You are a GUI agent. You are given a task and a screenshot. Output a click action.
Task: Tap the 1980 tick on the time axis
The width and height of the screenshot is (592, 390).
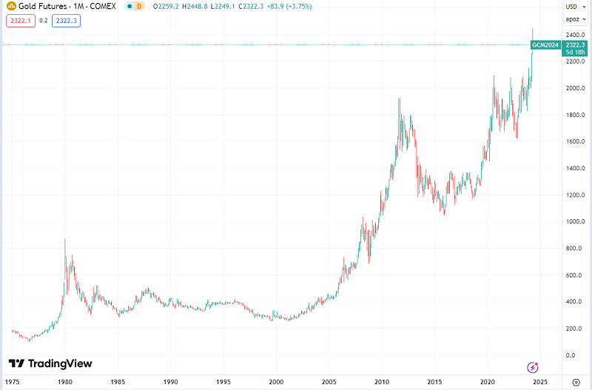point(64,382)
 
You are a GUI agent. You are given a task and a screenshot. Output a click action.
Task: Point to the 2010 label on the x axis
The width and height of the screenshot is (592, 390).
point(382,382)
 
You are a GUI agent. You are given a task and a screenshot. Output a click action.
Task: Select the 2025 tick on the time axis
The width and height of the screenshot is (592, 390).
point(540,382)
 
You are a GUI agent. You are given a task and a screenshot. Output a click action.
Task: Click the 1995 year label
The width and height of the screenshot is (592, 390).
point(223,382)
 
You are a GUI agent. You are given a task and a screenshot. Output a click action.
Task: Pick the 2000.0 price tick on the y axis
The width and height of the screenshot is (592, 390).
point(576,88)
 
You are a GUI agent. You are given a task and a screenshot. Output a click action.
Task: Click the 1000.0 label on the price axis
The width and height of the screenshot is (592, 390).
point(576,221)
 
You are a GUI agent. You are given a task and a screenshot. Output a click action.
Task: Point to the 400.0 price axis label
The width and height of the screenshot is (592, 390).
point(576,302)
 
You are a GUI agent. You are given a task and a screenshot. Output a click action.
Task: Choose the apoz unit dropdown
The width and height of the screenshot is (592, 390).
point(574,20)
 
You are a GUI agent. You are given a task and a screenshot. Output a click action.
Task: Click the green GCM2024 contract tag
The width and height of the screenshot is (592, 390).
point(545,45)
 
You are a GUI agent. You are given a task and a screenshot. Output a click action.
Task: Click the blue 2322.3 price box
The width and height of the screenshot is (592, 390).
point(66,21)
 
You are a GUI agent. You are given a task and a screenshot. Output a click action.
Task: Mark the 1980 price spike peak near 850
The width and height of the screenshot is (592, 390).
point(65,239)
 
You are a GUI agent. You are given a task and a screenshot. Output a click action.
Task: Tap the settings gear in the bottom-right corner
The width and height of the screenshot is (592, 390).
point(576,382)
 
